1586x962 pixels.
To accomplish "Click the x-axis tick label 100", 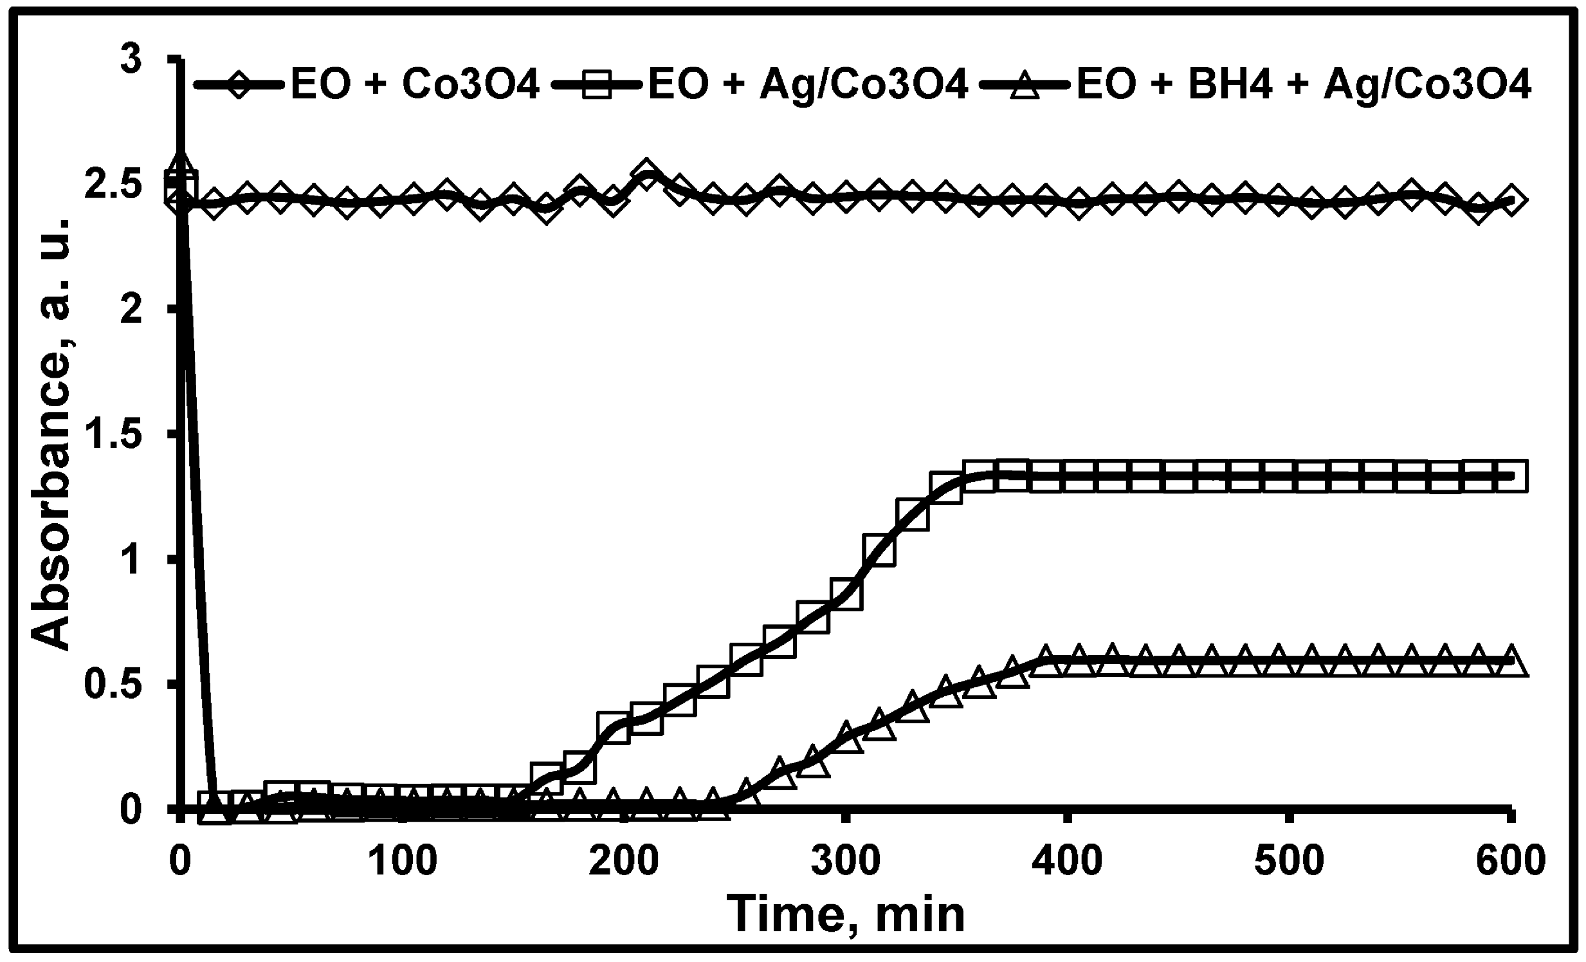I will click(x=404, y=861).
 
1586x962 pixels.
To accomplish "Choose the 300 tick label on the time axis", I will click(x=846, y=861).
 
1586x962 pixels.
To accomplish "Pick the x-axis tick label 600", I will click(x=1510, y=861).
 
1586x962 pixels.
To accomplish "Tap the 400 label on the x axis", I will click(x=1068, y=861).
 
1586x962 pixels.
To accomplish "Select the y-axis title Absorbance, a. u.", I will click(x=50, y=434).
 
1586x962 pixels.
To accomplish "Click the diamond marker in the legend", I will click(x=239, y=84).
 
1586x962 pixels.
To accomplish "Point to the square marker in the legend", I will click(x=597, y=84).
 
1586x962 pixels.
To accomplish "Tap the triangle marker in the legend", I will click(x=1024, y=84).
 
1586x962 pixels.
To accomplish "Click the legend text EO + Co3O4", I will click(x=415, y=84).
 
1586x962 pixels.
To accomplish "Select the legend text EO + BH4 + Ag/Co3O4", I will click(x=1304, y=84).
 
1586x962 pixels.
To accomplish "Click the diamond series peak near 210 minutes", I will click(x=646, y=173).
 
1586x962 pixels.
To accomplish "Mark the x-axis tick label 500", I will click(x=1290, y=861).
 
